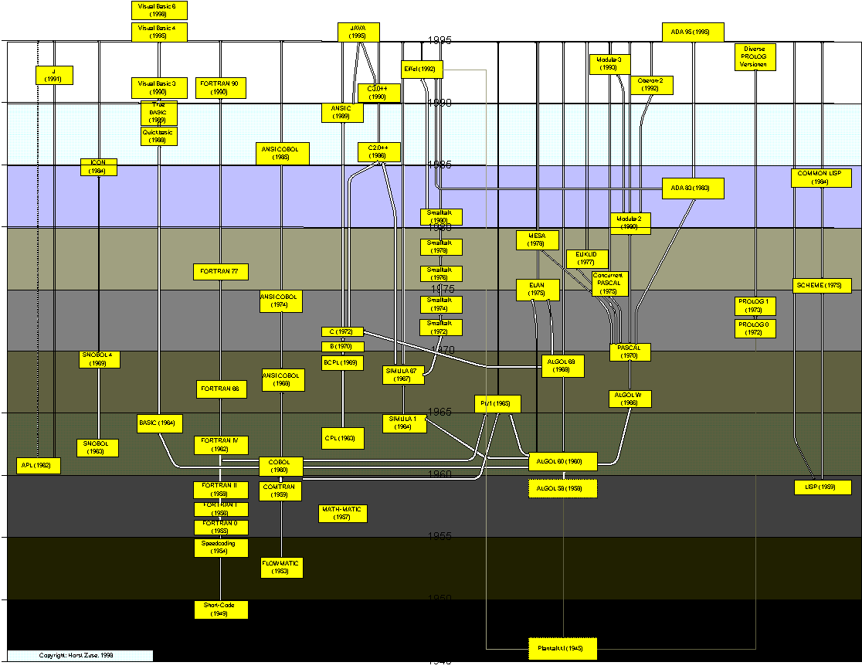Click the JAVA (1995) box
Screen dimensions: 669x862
pos(358,32)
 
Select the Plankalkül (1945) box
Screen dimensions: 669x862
pos(562,648)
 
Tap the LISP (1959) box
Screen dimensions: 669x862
pos(823,487)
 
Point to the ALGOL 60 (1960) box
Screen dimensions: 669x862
pos(562,461)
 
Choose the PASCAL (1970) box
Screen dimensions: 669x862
pos(630,352)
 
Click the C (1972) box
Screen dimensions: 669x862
pos(342,331)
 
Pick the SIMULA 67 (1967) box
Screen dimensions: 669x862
pos(403,375)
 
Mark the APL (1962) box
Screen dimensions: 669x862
pos(39,466)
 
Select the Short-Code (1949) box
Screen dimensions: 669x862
pos(220,610)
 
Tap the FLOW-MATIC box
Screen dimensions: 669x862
pos(281,567)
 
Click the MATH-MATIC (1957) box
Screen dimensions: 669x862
pos(342,513)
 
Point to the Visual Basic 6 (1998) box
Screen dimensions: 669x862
pos(159,9)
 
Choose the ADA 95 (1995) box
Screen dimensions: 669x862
pos(692,32)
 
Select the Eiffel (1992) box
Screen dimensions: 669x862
pos(422,69)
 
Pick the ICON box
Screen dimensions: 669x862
pos(99,167)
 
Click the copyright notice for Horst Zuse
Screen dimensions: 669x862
pos(77,655)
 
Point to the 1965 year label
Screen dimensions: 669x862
pos(441,413)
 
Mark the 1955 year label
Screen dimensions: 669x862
pos(441,536)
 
